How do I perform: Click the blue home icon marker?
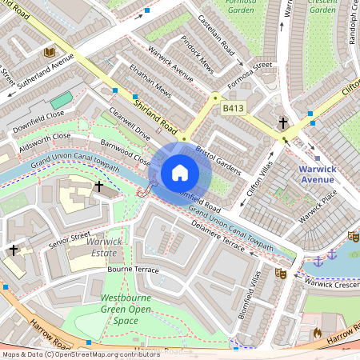tap(180, 173)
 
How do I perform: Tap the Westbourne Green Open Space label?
tap(126, 309)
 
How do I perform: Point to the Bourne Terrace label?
tap(133, 270)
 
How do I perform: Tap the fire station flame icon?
tap(317, 332)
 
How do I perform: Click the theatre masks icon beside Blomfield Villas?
tap(281, 274)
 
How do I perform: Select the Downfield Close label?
tap(38, 122)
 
